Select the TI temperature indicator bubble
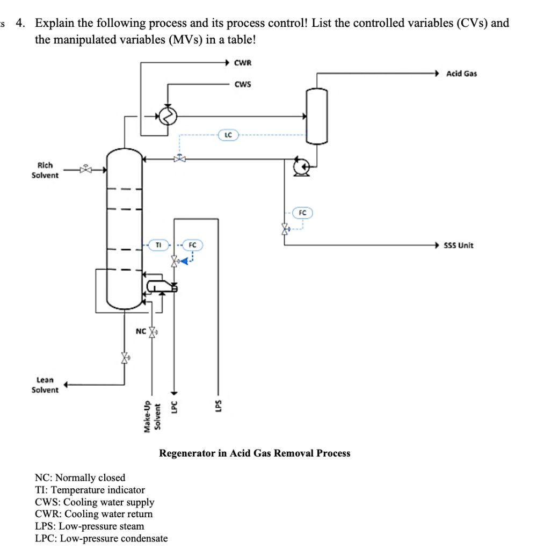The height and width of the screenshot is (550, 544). click(x=158, y=245)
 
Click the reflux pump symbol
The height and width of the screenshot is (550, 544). click(x=300, y=168)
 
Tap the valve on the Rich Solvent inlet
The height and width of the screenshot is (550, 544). click(x=85, y=170)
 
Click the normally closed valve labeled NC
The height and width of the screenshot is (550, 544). click(x=153, y=331)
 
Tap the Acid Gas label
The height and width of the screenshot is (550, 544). click(x=461, y=74)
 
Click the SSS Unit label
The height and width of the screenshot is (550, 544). click(x=459, y=245)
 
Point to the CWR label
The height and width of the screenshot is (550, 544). click(x=243, y=63)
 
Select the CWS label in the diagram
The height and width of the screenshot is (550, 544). click(x=243, y=84)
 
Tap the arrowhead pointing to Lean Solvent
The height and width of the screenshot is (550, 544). click(x=67, y=384)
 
